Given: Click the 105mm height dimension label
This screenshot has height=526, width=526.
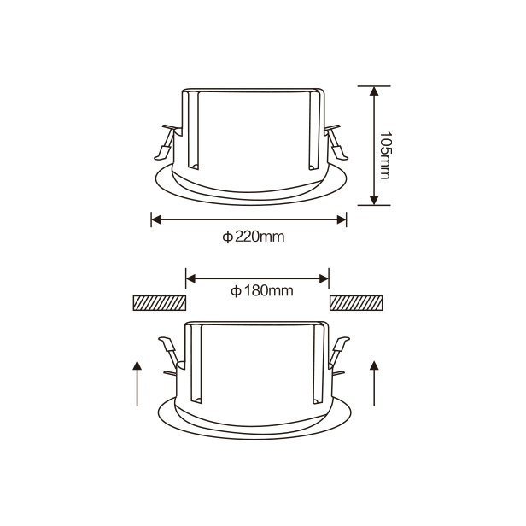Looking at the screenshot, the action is [384, 155].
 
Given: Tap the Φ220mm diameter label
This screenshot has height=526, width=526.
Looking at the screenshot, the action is [254, 237].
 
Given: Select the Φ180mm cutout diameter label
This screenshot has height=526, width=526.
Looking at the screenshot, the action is [261, 291].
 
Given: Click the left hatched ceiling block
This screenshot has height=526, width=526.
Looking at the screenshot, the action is [160, 302].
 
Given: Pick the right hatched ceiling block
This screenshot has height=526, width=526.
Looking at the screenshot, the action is [356, 302].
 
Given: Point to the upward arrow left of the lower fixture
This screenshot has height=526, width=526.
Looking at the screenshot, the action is [137, 383].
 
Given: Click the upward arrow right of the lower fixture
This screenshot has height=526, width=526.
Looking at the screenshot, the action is [374, 383].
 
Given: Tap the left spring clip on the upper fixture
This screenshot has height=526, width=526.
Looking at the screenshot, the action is [167, 142].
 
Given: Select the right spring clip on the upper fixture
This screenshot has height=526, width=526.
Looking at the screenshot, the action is [336, 142].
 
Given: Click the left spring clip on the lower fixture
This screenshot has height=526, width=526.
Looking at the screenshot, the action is [171, 355].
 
